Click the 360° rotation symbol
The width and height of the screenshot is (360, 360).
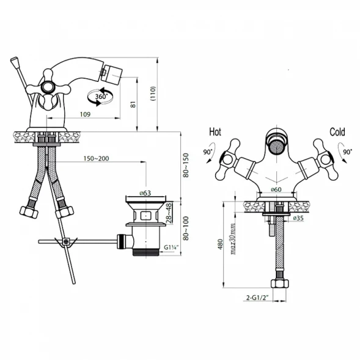coord(100,97)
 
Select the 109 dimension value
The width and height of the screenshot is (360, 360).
coord(85,114)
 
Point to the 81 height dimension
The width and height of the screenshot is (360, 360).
coord(133,105)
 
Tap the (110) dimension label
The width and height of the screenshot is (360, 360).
coord(153,94)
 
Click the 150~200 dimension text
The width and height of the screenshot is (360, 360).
coord(96,158)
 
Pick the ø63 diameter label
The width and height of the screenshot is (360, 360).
coord(145,193)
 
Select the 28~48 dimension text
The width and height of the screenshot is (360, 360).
coord(169,213)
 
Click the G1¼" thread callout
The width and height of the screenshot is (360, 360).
coord(171,248)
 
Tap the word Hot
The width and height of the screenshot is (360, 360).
coord(215,132)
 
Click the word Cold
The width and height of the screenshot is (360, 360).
coord(337,132)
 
